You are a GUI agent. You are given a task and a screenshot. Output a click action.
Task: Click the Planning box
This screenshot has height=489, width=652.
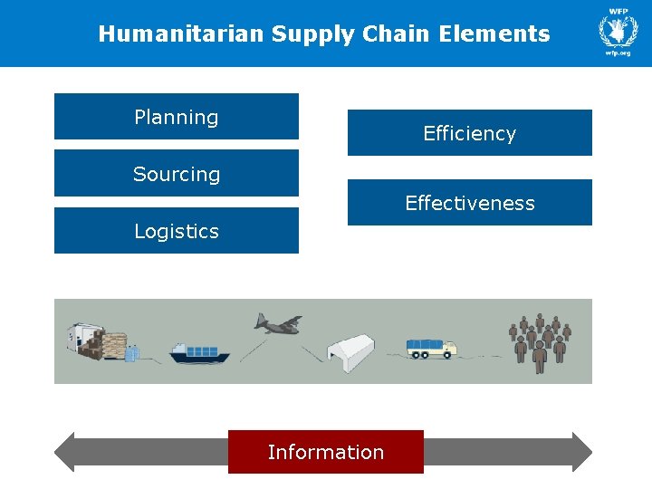(177, 117)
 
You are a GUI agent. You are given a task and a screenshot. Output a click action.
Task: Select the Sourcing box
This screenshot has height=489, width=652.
(177, 174)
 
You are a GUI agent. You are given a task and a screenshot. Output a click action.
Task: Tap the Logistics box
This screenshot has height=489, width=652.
(177, 231)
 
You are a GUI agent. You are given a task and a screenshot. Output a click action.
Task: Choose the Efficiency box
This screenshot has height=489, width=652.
(469, 133)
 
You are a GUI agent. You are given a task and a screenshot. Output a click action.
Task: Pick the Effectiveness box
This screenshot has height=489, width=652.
(469, 203)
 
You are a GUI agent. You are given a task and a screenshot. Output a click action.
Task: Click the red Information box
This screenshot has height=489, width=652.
(325, 452)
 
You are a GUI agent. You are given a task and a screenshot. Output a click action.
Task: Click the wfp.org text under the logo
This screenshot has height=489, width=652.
(618, 53)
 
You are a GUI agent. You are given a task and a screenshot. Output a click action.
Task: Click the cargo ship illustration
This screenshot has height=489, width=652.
(199, 352)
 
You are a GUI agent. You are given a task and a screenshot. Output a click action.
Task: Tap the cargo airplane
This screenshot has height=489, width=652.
(277, 323)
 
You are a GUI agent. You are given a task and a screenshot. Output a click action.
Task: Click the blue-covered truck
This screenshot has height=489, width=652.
(431, 348)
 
